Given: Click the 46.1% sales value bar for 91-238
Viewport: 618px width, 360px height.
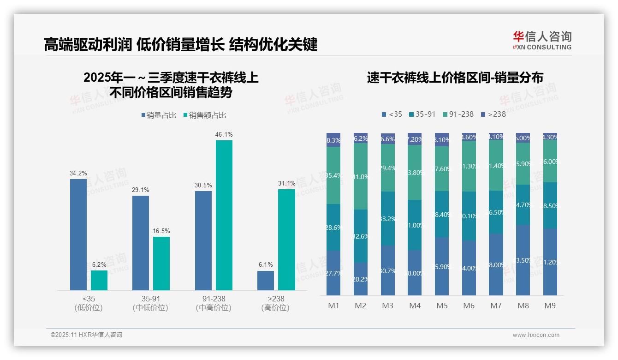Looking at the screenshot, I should click(224, 215).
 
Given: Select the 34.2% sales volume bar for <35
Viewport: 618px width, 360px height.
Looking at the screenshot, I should click(78, 234).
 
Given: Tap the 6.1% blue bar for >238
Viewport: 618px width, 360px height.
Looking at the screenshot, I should click(266, 280).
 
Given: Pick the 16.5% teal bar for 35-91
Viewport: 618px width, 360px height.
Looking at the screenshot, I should click(161, 264).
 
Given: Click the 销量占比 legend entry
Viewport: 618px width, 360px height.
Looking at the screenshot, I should click(159, 115).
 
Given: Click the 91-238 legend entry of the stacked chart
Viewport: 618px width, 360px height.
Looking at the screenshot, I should click(458, 114).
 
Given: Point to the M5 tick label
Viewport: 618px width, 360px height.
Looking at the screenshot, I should click(442, 306).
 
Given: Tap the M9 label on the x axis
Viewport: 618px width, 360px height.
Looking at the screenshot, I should click(550, 306).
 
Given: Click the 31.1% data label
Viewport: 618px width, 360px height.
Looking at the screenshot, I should click(287, 183).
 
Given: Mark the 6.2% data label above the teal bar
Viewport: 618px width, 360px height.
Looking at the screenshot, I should click(99, 264).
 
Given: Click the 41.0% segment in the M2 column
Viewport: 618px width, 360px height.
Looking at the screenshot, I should click(361, 176).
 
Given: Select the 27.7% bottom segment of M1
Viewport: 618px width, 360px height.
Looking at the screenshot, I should click(333, 273).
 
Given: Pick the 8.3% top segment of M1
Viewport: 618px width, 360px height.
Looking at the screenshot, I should click(333, 140).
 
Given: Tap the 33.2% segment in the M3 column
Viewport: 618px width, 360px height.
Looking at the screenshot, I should click(388, 218).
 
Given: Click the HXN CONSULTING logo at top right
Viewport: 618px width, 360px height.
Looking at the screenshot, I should click(542, 40).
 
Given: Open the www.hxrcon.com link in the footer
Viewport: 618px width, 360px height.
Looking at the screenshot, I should click(535, 335).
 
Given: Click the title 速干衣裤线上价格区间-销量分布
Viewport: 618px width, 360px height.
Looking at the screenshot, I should click(455, 78).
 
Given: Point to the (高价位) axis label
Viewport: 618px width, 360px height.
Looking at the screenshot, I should click(275, 308).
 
